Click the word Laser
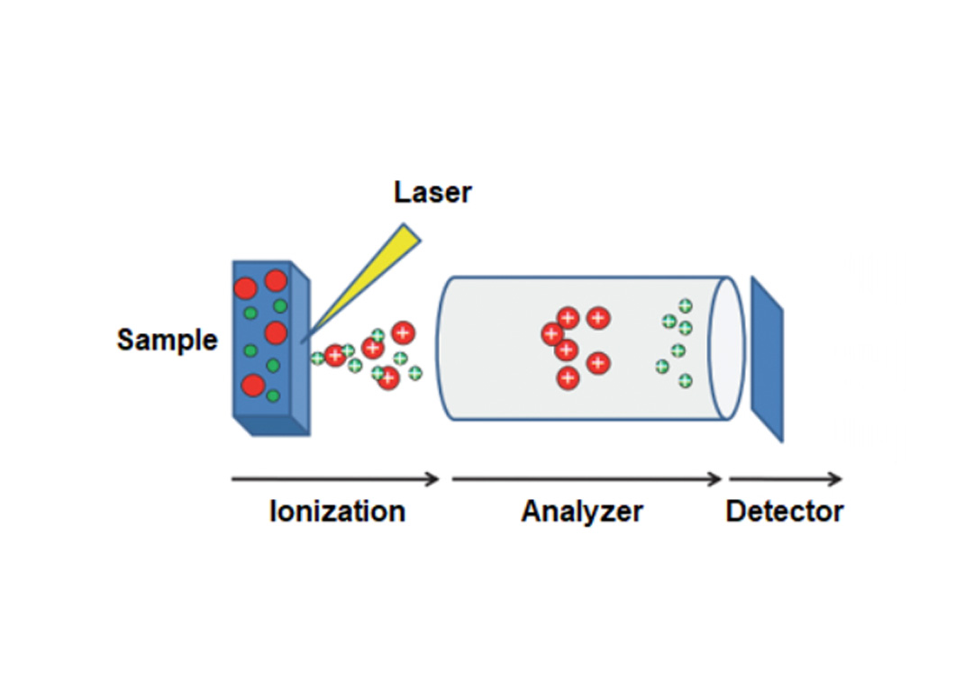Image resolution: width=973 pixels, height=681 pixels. (x=432, y=192)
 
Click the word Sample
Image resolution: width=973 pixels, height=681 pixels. (x=168, y=340)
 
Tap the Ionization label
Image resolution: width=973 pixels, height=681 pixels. (x=338, y=512)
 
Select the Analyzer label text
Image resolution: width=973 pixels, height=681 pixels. (x=582, y=512)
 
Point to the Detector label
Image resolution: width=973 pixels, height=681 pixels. (x=785, y=512)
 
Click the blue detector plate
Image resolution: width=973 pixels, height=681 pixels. (x=767, y=359)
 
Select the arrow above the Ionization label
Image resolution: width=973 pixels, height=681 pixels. (x=335, y=479)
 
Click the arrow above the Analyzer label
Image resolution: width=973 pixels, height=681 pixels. (x=587, y=479)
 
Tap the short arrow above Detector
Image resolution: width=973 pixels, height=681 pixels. (x=786, y=479)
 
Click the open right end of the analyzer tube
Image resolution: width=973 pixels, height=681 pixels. (x=727, y=349)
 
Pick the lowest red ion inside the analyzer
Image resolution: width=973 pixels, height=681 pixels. (x=568, y=377)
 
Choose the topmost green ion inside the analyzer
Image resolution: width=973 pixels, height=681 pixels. (x=685, y=305)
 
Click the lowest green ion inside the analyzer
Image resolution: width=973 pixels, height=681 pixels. (x=685, y=381)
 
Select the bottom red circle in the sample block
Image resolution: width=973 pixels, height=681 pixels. (x=252, y=386)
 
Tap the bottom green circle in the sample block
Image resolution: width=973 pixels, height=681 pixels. (x=273, y=395)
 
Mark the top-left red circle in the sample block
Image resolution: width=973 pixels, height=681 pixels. (x=245, y=288)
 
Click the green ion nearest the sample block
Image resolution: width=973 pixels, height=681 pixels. (x=317, y=358)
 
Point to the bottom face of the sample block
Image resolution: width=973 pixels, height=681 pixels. (x=272, y=426)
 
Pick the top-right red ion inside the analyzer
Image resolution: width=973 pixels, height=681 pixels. (x=598, y=318)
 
